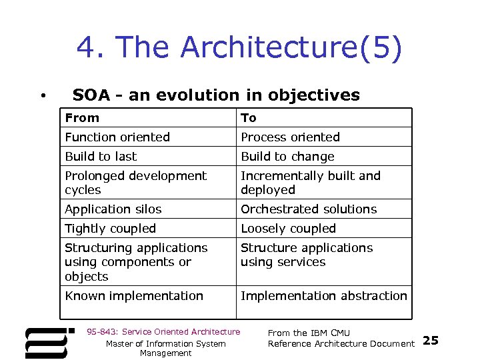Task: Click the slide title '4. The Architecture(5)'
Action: click(239, 48)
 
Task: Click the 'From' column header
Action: click(82, 118)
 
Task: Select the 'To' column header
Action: click(249, 118)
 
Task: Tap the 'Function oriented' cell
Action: click(117, 137)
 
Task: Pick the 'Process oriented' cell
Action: click(290, 137)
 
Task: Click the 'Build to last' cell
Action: click(101, 157)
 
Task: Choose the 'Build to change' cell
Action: click(287, 157)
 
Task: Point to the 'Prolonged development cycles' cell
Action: click(135, 183)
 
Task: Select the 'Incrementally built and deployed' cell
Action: click(310, 183)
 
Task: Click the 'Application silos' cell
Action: click(113, 209)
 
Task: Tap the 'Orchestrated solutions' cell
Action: click(309, 209)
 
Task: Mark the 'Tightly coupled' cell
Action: click(110, 229)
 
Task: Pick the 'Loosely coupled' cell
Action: click(288, 229)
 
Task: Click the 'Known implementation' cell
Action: click(134, 296)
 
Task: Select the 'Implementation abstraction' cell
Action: click(323, 296)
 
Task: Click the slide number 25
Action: click(431, 341)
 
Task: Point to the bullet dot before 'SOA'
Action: click(43, 97)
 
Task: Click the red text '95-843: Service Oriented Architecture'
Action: click(163, 332)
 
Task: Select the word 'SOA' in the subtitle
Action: click(91, 95)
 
